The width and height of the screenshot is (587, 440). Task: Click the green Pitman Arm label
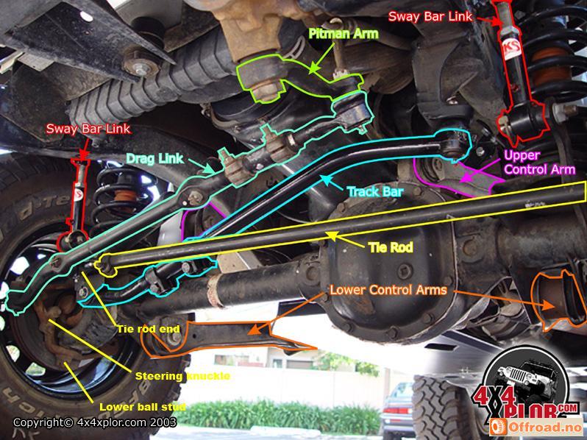click(x=344, y=34)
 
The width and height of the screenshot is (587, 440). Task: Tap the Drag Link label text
click(x=154, y=158)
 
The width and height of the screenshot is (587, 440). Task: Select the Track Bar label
click(x=375, y=192)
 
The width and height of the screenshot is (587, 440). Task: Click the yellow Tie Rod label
click(x=391, y=247)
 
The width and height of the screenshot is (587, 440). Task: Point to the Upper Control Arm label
click(x=539, y=162)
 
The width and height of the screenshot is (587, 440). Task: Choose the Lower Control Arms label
click(x=388, y=290)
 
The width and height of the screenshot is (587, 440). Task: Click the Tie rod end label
click(x=149, y=329)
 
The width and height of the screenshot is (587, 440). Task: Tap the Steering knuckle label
click(x=182, y=376)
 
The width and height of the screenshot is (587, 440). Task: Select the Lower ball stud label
click(x=142, y=407)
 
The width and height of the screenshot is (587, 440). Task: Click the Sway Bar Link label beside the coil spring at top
click(x=430, y=16)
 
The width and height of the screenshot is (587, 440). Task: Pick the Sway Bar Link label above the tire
click(x=88, y=129)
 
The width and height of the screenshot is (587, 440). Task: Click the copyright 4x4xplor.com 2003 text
click(x=95, y=423)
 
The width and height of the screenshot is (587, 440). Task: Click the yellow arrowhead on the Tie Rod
click(x=332, y=235)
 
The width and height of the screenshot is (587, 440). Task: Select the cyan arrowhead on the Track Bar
click(x=326, y=179)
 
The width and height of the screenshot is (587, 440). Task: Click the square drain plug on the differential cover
click(x=405, y=272)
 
